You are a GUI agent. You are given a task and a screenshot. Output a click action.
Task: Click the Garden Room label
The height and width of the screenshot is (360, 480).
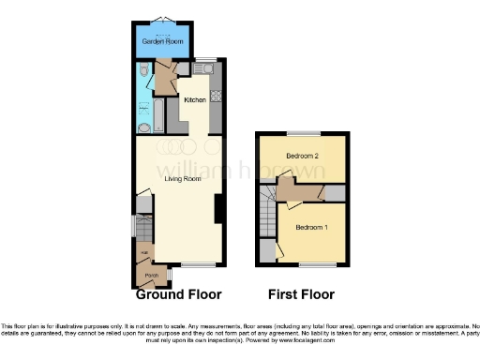coord(161,42)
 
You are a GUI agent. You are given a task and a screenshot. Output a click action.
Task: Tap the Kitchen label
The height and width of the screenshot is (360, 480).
coord(195,100)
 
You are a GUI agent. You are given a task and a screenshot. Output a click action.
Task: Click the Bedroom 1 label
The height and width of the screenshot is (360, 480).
coord(312,228)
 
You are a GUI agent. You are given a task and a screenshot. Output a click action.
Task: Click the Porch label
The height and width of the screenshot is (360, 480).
coord(150,276)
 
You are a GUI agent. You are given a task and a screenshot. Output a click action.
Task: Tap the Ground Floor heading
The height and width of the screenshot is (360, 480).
coord(179,294)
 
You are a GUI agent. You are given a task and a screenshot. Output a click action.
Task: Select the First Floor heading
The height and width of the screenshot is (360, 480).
coord(301,294)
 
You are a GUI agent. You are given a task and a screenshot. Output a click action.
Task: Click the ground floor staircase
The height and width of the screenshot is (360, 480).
coord(142,228)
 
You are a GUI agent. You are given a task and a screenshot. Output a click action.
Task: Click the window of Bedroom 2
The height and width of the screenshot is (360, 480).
coord(302,132)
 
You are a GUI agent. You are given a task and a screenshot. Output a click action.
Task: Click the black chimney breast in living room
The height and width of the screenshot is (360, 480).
coord(218,207)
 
